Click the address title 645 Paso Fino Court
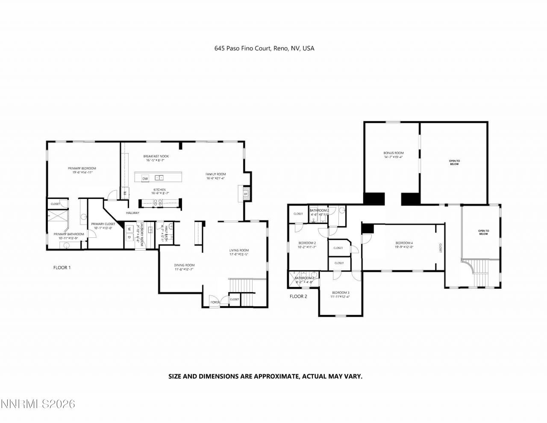click(x=264, y=48)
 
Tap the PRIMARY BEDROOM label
click(x=82, y=168)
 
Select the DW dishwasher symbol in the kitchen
click(x=145, y=178)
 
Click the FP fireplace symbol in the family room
click(x=246, y=194)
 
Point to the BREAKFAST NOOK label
click(x=156, y=156)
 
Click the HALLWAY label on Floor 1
click(x=132, y=213)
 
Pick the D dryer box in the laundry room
click(x=128, y=237)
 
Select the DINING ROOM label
click(x=184, y=265)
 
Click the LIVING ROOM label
click(x=239, y=250)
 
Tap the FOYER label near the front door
click(x=215, y=302)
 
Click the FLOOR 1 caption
click(x=62, y=268)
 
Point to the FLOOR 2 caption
click(x=298, y=296)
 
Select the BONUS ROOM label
click(x=393, y=153)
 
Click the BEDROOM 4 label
click(x=404, y=243)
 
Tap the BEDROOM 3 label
click(x=341, y=293)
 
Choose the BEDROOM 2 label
click(x=307, y=243)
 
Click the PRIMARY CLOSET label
click(x=103, y=224)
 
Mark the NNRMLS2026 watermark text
click(x=38, y=404)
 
